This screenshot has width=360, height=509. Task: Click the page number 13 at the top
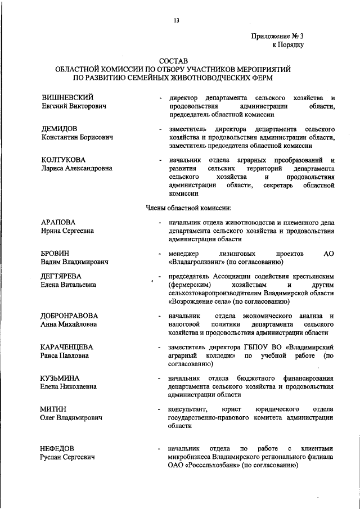click(177, 21)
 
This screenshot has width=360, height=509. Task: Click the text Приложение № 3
click(277, 36)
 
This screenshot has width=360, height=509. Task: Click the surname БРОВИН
click(56, 254)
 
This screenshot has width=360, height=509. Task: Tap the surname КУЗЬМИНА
click(60, 378)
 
